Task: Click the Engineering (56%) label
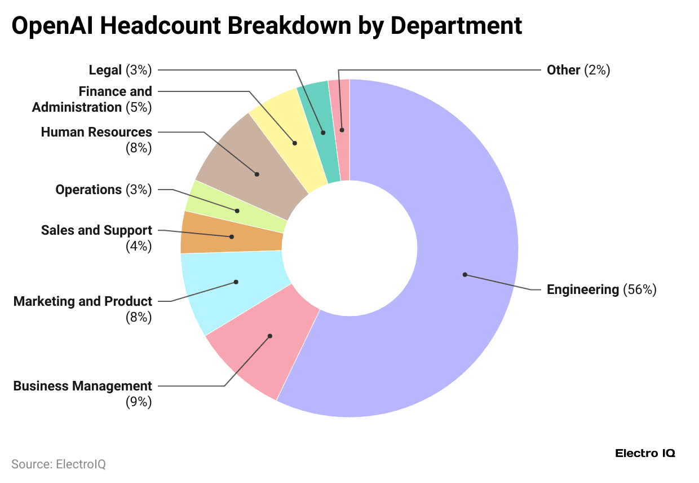pos(601,290)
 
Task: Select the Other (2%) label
pos(578,70)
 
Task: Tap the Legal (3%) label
pos(120,70)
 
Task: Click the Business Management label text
pos(83,386)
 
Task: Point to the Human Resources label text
pos(96,132)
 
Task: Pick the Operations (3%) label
pos(103,190)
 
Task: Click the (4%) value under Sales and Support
pos(139,246)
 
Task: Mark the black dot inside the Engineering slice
pos(465,275)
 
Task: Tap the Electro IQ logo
pos(645,453)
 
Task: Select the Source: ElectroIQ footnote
pos(59,464)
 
